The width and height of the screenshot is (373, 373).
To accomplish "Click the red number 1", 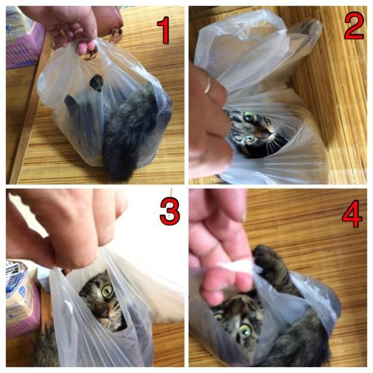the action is click(164, 30).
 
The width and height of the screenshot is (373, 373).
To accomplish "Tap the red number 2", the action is click(354, 26).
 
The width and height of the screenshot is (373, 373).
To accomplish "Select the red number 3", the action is click(169, 211).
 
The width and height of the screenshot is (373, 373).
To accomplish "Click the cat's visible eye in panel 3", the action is click(107, 291).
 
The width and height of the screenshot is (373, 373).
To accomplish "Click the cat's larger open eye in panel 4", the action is click(245, 330).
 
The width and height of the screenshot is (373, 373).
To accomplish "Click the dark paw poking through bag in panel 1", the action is click(96, 83).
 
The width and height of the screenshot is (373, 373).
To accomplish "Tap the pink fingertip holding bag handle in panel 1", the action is click(85, 48).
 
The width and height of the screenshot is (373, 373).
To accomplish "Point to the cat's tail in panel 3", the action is click(45, 346).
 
